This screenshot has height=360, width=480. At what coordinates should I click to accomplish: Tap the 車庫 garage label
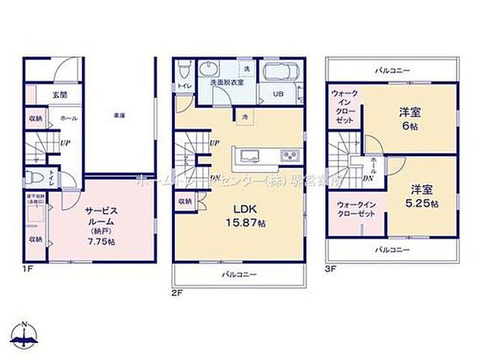coord(118,115)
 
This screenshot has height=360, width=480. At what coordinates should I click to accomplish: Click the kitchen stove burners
coord(290,155)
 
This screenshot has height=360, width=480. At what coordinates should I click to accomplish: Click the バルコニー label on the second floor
coord(235,275)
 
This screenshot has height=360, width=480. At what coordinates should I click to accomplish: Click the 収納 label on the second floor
coord(184,201)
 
